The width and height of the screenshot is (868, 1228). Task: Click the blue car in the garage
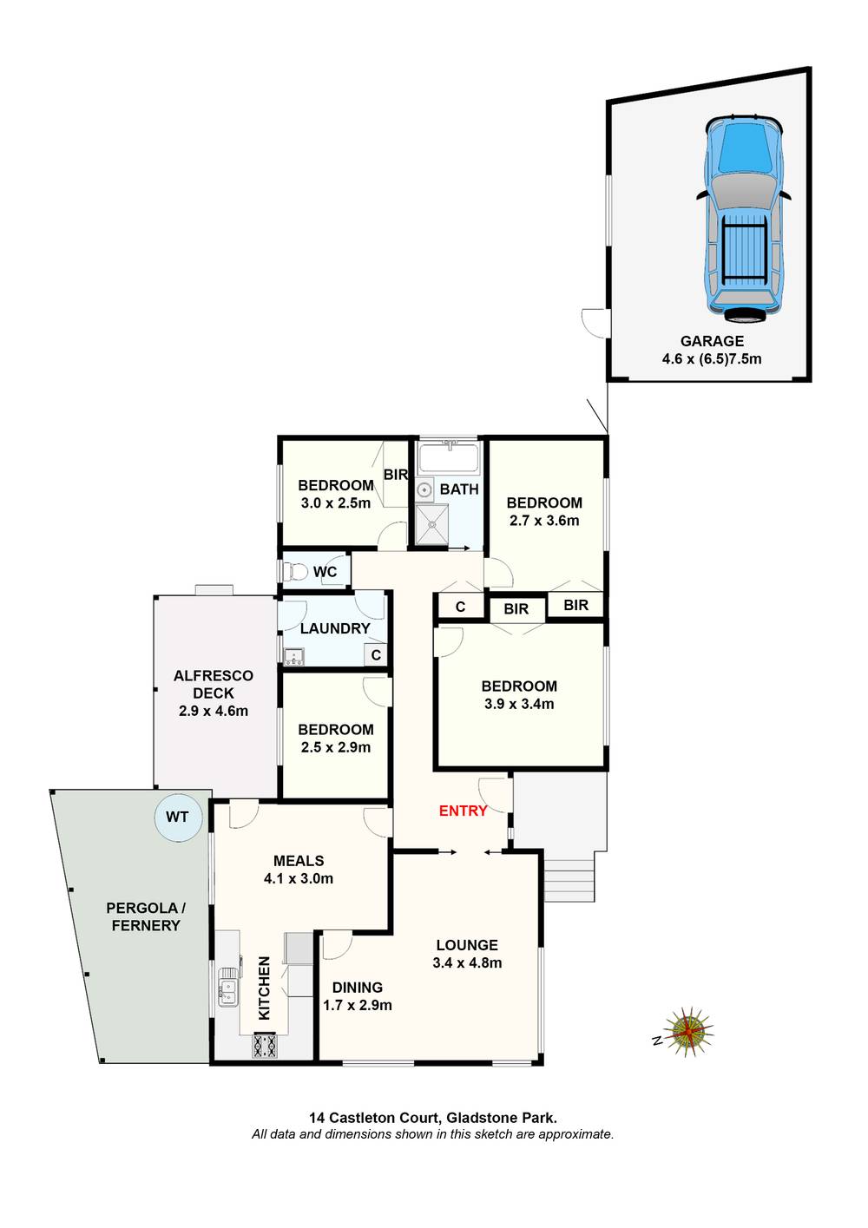pyautogui.click(x=743, y=217)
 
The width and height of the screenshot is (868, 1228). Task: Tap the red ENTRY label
pyautogui.click(x=463, y=811)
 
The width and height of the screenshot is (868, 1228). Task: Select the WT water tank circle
pyautogui.click(x=177, y=818)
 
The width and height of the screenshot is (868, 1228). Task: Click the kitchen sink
pyautogui.click(x=227, y=989)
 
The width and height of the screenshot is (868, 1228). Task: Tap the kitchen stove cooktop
pyautogui.click(x=264, y=1046)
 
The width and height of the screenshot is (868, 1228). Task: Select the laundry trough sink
pyautogui.click(x=293, y=657)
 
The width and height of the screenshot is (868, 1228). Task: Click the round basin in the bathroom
pyautogui.click(x=424, y=490)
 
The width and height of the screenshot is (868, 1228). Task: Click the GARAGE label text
pyautogui.click(x=712, y=341)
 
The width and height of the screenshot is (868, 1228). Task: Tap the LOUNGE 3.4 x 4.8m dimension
pyautogui.click(x=467, y=962)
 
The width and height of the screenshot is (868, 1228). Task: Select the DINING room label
pyautogui.click(x=358, y=988)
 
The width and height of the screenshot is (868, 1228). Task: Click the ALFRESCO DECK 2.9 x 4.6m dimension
pyautogui.click(x=214, y=711)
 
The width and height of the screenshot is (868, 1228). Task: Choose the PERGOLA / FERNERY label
pyautogui.click(x=146, y=916)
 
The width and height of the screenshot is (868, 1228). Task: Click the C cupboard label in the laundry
pyautogui.click(x=376, y=655)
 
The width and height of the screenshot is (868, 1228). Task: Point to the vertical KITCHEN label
pyautogui.click(x=265, y=988)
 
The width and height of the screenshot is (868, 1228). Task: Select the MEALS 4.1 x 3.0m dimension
pyautogui.click(x=299, y=878)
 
